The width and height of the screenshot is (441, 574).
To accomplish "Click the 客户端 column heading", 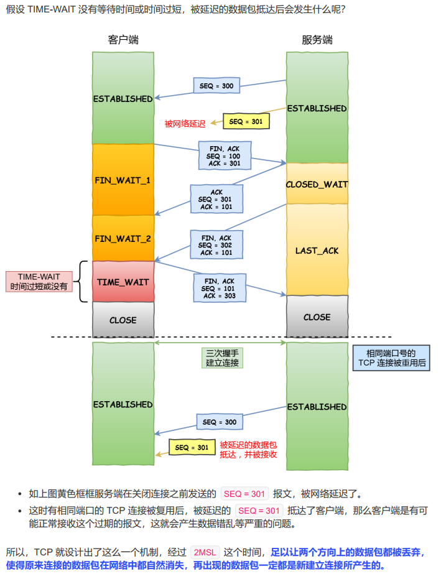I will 123,40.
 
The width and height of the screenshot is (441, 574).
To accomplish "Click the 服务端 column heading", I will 317,40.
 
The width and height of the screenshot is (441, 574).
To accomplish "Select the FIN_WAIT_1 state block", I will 123,180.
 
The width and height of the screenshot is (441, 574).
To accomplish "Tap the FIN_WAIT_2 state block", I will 123,238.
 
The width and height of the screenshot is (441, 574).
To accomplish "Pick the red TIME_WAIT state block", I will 123,282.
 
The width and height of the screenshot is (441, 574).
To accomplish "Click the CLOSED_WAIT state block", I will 317,184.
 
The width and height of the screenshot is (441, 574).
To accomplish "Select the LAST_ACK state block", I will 317,250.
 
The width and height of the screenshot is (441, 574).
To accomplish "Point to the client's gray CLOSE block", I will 123,320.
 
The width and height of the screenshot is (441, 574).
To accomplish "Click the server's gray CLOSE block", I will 317,317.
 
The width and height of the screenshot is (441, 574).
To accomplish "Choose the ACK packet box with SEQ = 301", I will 216,199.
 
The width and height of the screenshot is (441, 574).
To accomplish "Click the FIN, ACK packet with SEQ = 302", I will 216,246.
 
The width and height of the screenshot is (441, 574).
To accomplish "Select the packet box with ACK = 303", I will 220,289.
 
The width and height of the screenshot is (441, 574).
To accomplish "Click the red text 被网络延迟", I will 185,124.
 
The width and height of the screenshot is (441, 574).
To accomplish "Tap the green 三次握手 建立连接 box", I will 222,358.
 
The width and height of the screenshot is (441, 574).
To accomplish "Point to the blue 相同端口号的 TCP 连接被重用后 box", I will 392,358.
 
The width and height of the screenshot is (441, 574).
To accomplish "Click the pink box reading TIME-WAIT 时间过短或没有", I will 39,281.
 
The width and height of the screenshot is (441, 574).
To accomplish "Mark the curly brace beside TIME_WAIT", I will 84,282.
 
